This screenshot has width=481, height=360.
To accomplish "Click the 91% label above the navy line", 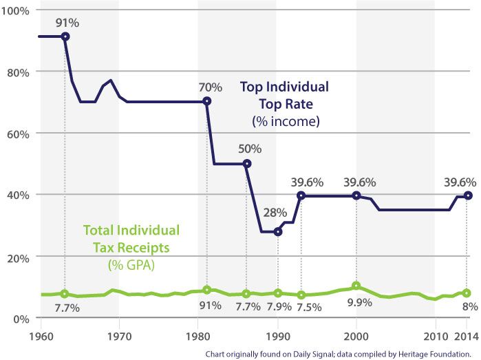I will point(69,23).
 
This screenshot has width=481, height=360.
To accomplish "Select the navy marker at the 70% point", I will point(207,101).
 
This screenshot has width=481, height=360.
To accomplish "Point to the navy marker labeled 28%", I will point(278,231).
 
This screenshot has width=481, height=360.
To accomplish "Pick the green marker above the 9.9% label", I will point(356,286).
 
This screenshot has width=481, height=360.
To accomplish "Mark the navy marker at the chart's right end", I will point(468,195).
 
